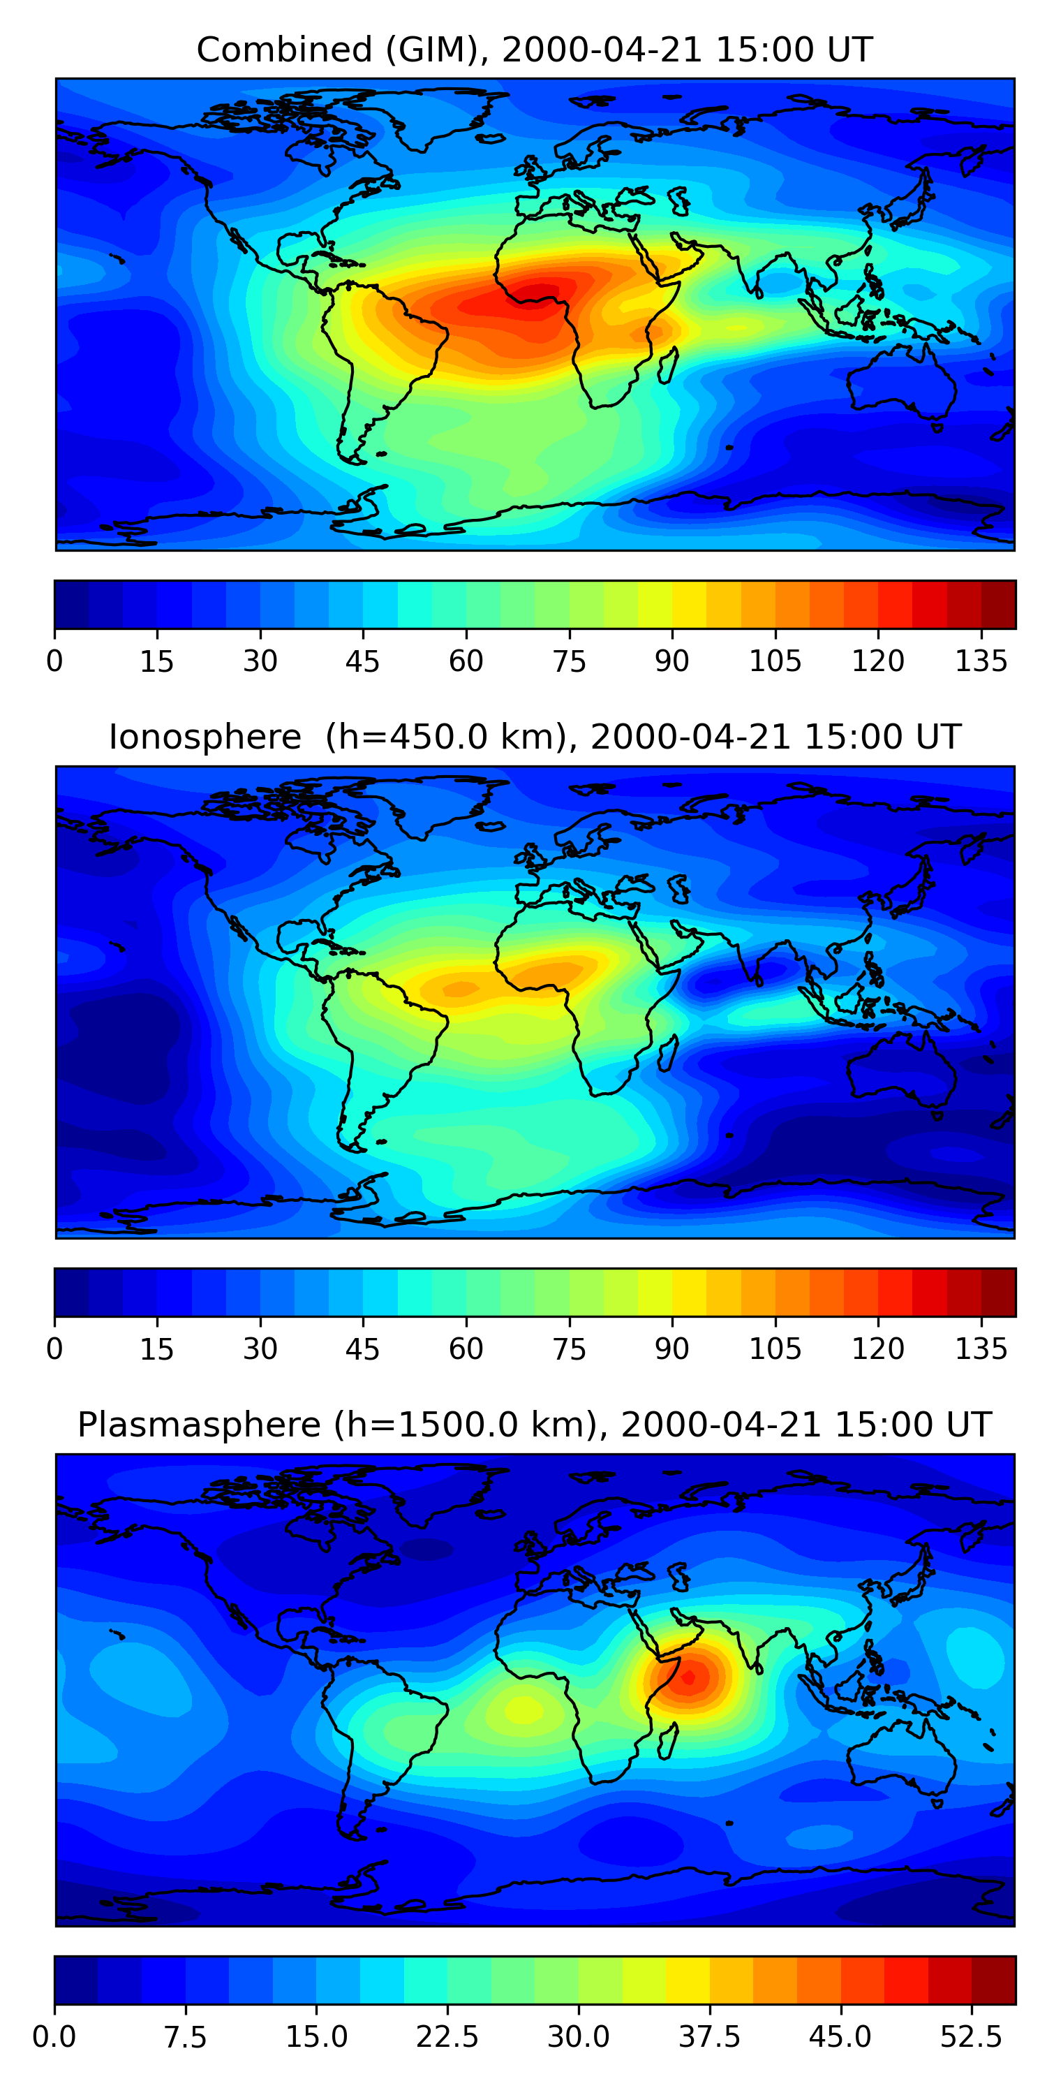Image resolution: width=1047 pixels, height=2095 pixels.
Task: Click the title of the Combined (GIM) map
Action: [534, 50]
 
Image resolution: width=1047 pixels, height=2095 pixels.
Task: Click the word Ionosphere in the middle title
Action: [205, 737]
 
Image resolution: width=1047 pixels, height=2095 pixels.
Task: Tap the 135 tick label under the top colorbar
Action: [981, 661]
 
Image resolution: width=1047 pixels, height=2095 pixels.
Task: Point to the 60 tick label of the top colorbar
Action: [466, 661]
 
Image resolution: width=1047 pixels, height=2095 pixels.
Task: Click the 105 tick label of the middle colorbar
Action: [775, 1348]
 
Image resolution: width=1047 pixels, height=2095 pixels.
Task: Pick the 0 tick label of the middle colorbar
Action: [54, 1348]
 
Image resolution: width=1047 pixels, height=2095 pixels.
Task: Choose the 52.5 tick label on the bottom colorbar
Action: [972, 2036]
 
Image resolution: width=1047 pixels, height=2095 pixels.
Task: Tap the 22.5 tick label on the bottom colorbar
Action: [447, 2036]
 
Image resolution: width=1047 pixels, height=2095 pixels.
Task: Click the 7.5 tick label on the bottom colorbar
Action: [186, 2036]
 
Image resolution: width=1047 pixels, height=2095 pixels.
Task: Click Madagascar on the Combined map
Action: [668, 365]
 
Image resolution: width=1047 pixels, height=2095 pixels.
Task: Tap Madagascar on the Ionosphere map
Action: [668, 1053]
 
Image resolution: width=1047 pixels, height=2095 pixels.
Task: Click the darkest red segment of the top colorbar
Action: [998, 604]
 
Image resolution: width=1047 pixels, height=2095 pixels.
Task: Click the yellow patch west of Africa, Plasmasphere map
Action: [520, 1710]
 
